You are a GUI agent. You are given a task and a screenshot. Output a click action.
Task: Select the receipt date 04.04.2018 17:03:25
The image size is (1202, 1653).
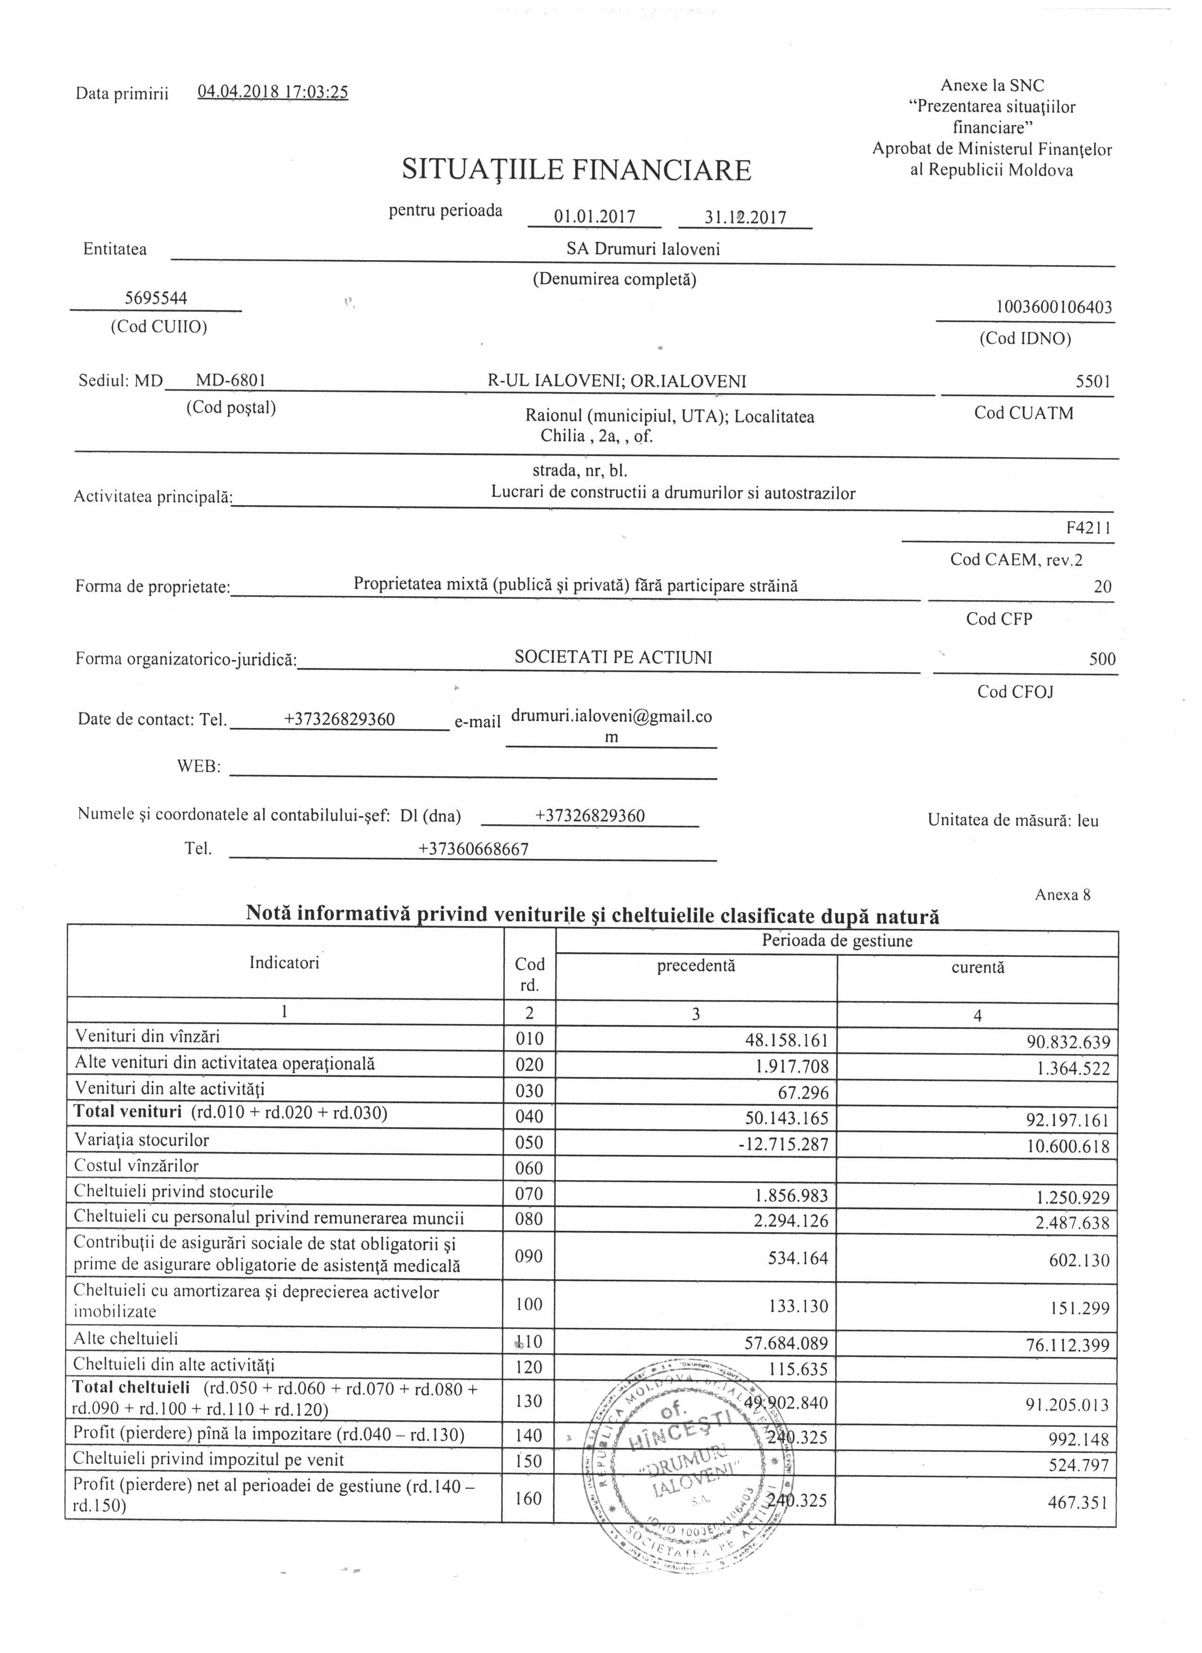coord(272,92)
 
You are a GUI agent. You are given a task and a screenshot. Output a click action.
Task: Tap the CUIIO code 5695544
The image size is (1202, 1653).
coord(156,298)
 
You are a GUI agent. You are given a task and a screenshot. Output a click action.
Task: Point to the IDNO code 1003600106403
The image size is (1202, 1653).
coord(1054,307)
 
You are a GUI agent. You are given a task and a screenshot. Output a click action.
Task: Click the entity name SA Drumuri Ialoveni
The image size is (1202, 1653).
coord(643,249)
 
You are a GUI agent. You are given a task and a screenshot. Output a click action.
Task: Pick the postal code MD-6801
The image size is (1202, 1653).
coord(231,380)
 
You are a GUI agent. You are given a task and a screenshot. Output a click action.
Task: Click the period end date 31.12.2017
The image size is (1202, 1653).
coord(745,217)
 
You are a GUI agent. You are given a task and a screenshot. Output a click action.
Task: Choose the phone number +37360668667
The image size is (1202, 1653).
coord(473,848)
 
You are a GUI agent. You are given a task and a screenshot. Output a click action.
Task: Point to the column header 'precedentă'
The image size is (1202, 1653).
coord(696,966)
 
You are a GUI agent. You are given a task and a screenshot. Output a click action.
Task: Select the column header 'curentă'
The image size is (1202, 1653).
coord(978,967)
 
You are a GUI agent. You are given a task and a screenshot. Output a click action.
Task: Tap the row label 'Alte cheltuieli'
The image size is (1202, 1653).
coord(126,1338)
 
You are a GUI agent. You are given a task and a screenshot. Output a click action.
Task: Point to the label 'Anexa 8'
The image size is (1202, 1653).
coord(1062,895)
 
